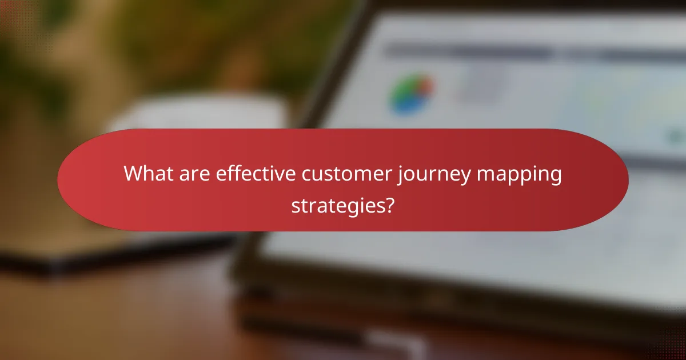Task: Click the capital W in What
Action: [x=133, y=173]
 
